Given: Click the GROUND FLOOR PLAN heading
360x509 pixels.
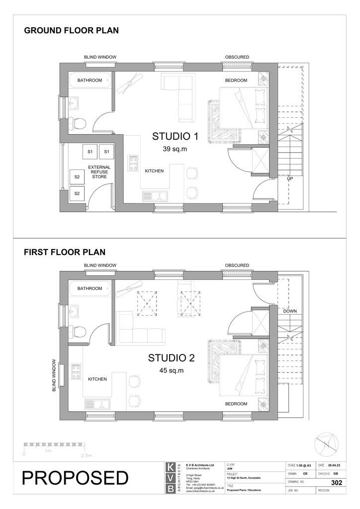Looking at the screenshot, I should (x=72, y=31).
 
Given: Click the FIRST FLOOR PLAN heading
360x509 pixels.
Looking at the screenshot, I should (x=65, y=253).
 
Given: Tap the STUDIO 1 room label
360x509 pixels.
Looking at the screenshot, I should (x=175, y=137).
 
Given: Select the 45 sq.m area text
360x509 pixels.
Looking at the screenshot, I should (x=172, y=370).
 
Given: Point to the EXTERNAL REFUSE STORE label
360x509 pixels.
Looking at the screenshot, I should (x=99, y=171).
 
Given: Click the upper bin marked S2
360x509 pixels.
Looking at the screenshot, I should (x=77, y=176).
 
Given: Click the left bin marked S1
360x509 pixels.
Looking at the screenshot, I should (x=90, y=152).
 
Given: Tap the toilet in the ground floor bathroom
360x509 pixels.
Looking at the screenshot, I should (x=79, y=122).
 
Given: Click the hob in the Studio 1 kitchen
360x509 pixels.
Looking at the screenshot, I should (x=133, y=163).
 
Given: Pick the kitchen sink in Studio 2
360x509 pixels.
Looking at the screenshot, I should (x=96, y=404).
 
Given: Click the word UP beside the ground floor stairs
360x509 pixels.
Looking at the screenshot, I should (x=289, y=177).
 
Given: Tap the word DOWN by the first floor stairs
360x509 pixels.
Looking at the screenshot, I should (x=290, y=311).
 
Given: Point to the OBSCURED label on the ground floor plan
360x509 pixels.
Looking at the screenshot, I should (x=237, y=57).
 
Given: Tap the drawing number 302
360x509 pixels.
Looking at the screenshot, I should (x=336, y=483).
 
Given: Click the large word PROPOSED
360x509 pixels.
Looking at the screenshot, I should (x=75, y=478).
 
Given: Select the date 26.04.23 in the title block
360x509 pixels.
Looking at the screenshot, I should (x=335, y=465).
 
